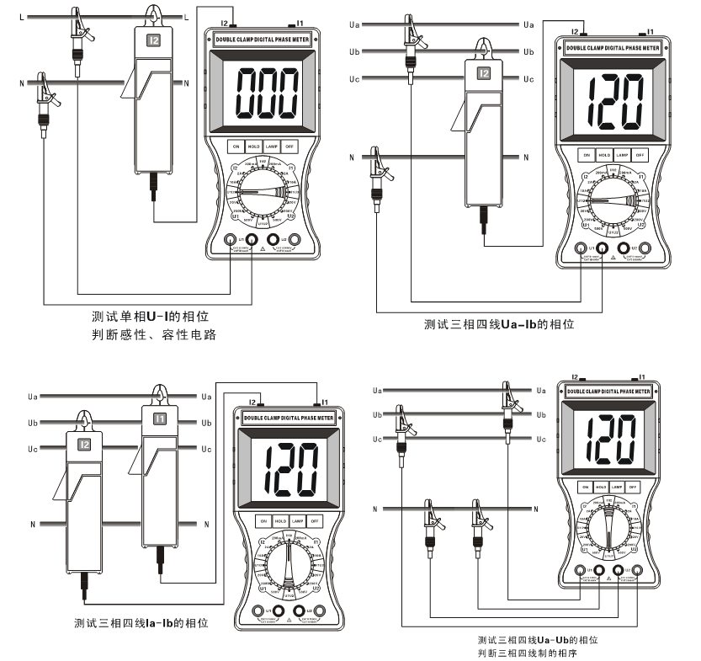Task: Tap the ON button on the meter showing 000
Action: [235, 146]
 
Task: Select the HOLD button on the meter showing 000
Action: [253, 146]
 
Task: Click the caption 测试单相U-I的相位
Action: [150, 317]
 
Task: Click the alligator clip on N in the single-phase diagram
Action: [42, 97]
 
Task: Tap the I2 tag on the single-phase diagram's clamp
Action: [153, 39]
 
